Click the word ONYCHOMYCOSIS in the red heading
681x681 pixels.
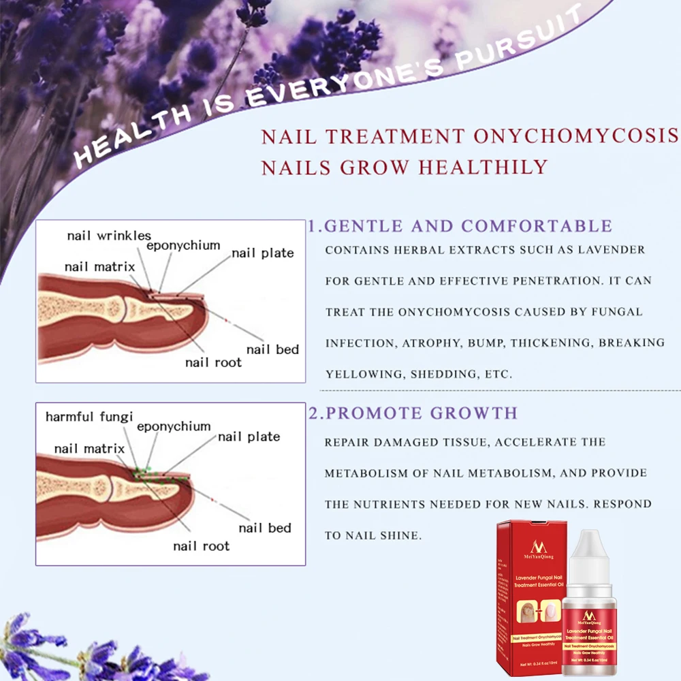point(576,136)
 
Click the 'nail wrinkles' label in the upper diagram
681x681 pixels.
point(109,236)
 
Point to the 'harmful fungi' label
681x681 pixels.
point(89,417)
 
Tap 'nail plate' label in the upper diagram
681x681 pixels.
point(263,253)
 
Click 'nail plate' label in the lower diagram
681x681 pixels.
point(249,437)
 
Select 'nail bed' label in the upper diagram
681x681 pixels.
point(272,349)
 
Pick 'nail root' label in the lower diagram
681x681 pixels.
point(201,545)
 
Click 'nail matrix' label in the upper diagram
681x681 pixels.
point(99,266)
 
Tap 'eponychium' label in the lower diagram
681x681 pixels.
point(174,426)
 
